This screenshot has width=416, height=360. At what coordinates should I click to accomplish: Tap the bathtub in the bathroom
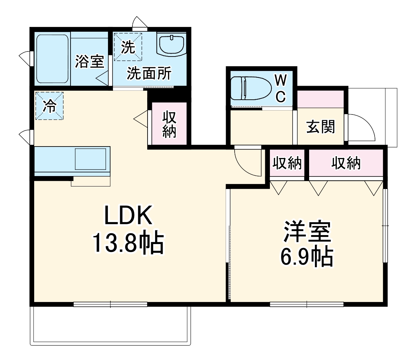[53, 59]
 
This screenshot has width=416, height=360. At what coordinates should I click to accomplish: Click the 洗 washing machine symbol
[128, 47]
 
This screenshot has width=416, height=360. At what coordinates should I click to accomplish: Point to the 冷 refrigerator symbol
[49, 106]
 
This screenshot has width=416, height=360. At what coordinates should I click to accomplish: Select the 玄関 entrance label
[320, 127]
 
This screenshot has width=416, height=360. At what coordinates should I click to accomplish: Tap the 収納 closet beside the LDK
[169, 124]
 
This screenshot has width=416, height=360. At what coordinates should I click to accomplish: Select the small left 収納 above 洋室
[286, 164]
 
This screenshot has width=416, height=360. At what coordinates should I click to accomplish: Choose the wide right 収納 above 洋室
[345, 164]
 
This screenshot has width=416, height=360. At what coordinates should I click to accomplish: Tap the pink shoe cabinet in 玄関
[320, 99]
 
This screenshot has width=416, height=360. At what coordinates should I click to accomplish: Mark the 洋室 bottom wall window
[307, 304]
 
